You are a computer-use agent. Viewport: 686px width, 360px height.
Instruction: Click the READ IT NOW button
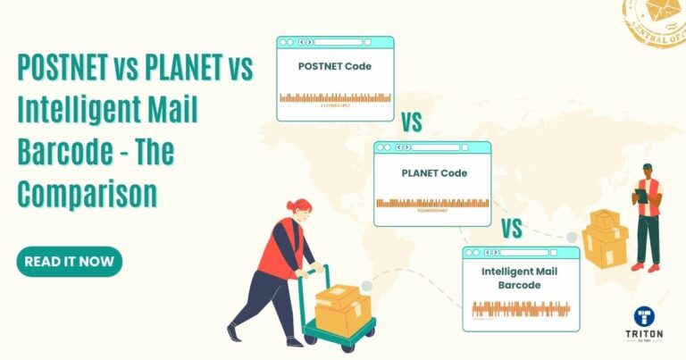tap(69, 262)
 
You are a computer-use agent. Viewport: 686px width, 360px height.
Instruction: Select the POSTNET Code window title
tap(335, 66)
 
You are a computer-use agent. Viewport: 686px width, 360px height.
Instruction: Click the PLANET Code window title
tap(432, 172)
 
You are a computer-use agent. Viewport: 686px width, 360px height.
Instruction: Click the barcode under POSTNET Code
tap(335, 98)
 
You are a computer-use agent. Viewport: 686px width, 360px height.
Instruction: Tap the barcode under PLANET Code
tap(432, 204)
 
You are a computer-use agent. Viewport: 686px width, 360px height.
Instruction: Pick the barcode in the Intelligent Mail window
tap(521, 309)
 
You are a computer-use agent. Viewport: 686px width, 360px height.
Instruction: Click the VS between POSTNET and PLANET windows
tap(411, 121)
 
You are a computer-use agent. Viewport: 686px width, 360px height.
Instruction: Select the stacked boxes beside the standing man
tap(605, 237)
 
